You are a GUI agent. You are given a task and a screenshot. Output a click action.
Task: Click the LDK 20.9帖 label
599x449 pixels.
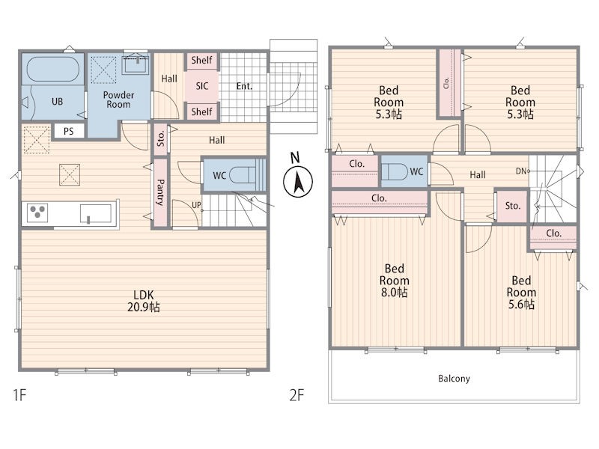144,301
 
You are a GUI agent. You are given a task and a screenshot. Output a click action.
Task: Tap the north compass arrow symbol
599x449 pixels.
297,181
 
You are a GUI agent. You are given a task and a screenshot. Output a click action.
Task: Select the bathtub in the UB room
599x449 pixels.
53,69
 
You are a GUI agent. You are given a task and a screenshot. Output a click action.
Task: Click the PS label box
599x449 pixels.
68,132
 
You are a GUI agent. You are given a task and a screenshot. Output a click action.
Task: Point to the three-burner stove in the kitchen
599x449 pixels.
37,213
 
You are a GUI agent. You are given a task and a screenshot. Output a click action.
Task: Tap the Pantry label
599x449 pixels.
160,192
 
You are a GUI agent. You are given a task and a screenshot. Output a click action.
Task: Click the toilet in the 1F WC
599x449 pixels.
243,175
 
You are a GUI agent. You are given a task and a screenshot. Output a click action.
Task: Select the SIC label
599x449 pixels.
202,86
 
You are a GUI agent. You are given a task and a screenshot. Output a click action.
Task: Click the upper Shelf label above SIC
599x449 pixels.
201,60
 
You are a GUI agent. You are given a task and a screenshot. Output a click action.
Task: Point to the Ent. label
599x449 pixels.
245,86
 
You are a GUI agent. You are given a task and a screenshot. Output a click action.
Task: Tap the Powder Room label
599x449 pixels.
118,100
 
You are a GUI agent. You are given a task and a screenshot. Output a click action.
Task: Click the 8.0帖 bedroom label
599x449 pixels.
395,281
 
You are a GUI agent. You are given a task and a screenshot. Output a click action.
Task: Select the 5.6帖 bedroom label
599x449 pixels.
521,293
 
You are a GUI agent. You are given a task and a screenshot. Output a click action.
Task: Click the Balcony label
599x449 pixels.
454,379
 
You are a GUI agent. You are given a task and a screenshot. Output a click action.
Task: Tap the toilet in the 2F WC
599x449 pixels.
395,171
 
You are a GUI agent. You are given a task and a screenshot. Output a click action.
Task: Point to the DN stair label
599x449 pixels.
521,171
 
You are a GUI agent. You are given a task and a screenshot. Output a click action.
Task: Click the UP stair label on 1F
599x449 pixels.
196,205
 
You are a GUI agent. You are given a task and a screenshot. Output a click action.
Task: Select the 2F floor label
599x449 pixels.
297,395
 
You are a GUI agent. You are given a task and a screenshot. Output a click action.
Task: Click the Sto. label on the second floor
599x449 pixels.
513,206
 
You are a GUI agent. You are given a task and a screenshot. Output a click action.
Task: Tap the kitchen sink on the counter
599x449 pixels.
96,213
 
